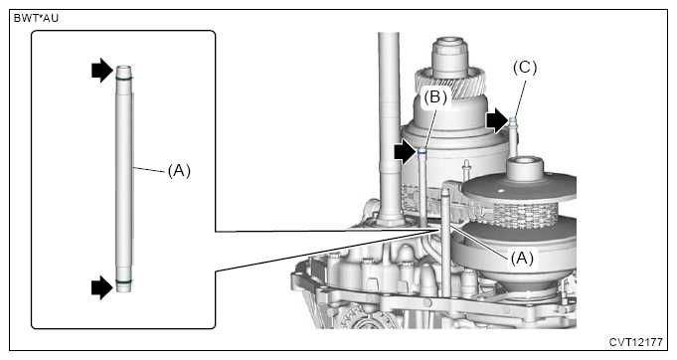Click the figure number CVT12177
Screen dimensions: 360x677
pos(638,341)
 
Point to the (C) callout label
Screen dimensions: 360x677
pos(524,68)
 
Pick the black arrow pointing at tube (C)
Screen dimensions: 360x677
pos(496,121)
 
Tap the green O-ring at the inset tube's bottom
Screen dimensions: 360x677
pos(124,283)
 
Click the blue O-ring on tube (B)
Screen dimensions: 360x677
pos(423,152)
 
